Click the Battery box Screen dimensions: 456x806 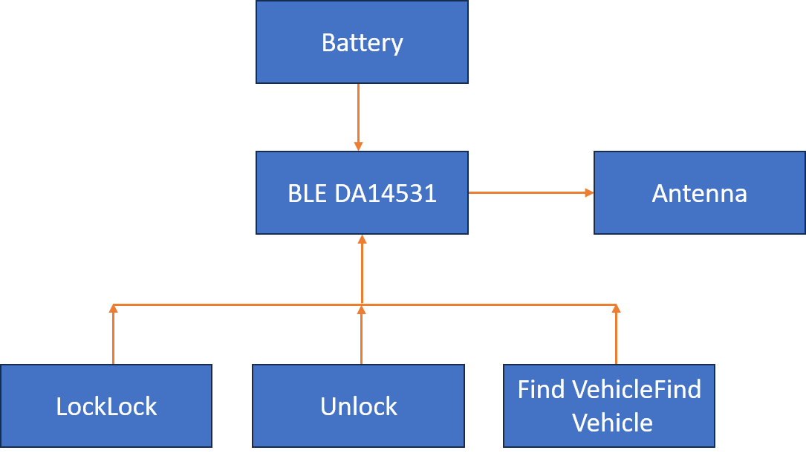click(362, 63)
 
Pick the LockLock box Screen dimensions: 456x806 click(106, 427)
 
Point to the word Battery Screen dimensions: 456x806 click(362, 42)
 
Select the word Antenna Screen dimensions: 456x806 click(699, 193)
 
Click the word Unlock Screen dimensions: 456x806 click(358, 406)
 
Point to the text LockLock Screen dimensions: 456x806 click(106, 406)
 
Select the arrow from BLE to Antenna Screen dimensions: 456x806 click(527, 192)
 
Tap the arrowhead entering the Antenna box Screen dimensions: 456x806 click(590, 192)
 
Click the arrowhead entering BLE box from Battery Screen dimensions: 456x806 click(358, 147)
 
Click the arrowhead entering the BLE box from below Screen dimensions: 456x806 click(362, 239)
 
